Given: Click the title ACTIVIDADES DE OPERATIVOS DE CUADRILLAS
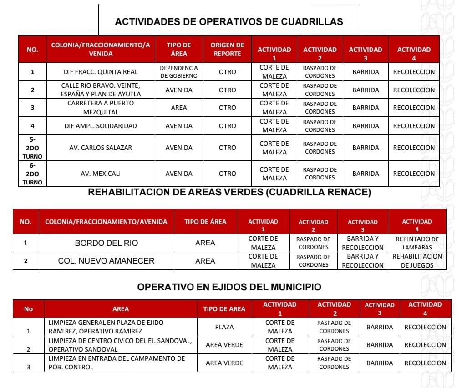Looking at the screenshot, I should coord(229,21).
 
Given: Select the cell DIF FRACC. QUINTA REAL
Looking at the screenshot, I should coord(101,72).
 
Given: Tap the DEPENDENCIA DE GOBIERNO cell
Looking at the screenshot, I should coord(179,72).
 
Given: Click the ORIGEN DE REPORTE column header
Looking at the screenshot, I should coord(227,49).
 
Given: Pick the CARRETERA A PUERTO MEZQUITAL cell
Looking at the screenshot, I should coord(101,108).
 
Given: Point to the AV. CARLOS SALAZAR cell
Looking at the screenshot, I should coord(101,148).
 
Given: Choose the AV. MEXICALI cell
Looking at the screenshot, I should coord(101,174).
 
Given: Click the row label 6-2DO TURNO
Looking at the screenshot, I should coord(32,174).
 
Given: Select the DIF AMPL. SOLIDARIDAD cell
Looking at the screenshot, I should coord(101,126).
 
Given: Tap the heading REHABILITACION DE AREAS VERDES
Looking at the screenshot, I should coord(229,192).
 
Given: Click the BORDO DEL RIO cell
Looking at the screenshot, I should coord(106,243).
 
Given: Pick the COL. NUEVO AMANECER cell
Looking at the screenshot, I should coord(106,261).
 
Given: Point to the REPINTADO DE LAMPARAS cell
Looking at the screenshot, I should coord(417,243).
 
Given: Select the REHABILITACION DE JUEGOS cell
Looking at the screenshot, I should coord(417,261).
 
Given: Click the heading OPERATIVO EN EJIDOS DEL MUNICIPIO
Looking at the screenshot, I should coord(229,287).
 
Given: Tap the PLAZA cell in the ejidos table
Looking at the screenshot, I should coord(224,327).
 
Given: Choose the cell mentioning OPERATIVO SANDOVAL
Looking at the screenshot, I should coord(120,345).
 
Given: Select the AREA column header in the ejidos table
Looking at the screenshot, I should coord(120,309).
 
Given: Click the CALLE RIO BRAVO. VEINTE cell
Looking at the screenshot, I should coord(101,90).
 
